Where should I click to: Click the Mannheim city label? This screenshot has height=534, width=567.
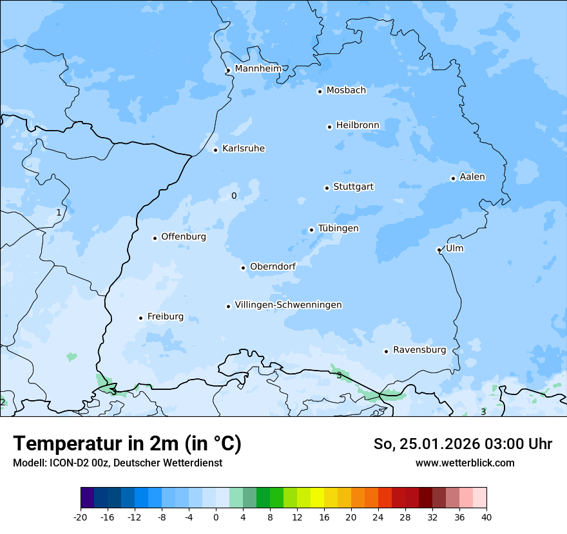(x=258, y=68)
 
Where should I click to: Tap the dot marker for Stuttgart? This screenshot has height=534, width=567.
(x=327, y=188)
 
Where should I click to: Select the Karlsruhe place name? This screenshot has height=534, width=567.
(x=243, y=149)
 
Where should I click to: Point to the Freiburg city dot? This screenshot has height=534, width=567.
(x=140, y=318)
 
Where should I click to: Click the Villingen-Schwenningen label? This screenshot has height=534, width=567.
(x=288, y=305)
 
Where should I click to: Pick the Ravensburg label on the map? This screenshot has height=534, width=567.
(x=419, y=350)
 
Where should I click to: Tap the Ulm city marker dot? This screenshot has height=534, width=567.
(x=439, y=250)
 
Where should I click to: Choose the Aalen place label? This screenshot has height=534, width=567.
(x=472, y=177)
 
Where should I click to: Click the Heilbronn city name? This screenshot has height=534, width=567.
(x=358, y=125)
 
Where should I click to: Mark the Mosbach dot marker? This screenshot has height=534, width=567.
(x=320, y=91)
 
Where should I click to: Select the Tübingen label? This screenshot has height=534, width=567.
(x=338, y=228)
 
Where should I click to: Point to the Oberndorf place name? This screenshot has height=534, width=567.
(x=273, y=266)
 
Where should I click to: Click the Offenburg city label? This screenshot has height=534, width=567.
(x=184, y=237)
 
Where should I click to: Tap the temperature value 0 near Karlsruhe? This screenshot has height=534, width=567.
(x=234, y=196)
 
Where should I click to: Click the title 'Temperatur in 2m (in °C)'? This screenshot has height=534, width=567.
(x=127, y=444)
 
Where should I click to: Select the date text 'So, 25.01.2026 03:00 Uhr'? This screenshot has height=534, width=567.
(x=463, y=444)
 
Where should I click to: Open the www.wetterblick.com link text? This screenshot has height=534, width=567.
(x=465, y=463)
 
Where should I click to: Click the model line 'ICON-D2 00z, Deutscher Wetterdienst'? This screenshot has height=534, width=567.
(x=117, y=463)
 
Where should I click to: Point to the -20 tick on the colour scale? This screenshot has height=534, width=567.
(x=81, y=517)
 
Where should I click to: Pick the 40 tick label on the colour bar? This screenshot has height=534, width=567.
(x=486, y=517)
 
